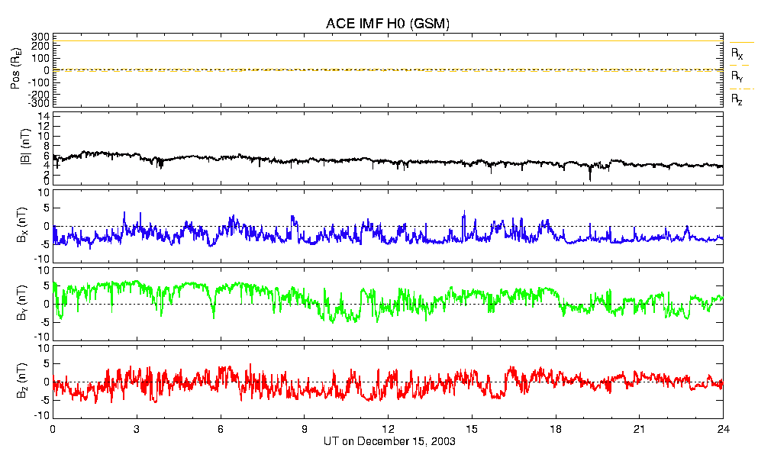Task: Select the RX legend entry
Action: click(737, 54)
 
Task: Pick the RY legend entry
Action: click(737, 77)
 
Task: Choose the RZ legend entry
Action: click(737, 99)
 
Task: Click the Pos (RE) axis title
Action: click(16, 71)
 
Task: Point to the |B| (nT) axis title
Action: click(16, 149)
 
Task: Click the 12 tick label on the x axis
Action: click(388, 428)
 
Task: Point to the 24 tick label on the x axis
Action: click(722, 428)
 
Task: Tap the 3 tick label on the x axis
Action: click(137, 428)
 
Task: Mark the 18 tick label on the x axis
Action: click(556, 428)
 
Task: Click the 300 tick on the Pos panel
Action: click(40, 37)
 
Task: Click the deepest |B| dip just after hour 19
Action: click(589, 179)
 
